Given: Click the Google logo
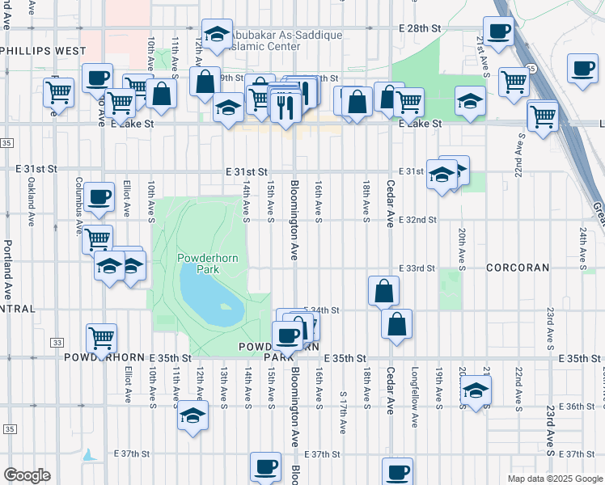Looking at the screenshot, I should pyautogui.click(x=27, y=475).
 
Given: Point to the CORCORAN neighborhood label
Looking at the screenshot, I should pyautogui.click(x=518, y=268).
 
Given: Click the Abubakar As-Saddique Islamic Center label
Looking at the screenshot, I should pyautogui.click(x=284, y=40).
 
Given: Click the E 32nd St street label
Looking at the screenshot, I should pyautogui.click(x=417, y=220).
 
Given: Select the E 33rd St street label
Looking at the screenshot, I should pyautogui.click(x=417, y=268).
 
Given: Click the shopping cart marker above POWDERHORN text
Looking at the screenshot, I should pyautogui.click(x=101, y=337).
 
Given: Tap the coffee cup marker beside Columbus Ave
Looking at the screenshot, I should pyautogui.click(x=99, y=196).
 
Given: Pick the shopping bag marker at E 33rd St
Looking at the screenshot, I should pyautogui.click(x=383, y=290).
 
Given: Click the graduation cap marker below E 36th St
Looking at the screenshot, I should pyautogui.click(x=192, y=415).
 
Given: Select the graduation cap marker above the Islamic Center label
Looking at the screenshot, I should pyautogui.click(x=217, y=33).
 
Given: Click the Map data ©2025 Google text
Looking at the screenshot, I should pyautogui.click(x=554, y=479).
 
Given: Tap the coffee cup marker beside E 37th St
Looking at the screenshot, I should pyautogui.click(x=265, y=466).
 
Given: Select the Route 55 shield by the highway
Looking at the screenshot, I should pyautogui.click(x=528, y=70).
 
